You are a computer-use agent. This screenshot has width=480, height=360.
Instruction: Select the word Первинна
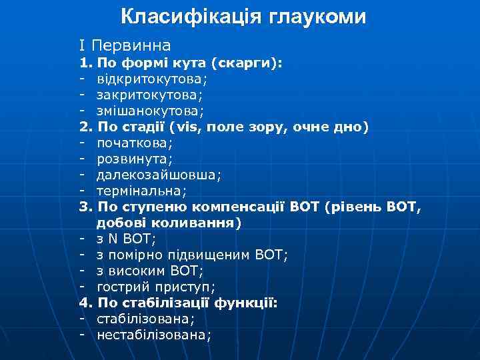[x=131, y=46]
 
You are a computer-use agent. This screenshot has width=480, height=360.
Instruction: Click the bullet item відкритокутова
[x=151, y=79]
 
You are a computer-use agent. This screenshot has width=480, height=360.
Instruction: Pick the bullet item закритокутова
[x=150, y=95]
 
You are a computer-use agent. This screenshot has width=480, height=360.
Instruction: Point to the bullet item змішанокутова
[x=151, y=111]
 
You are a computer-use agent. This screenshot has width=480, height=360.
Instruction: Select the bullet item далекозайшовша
[x=159, y=175]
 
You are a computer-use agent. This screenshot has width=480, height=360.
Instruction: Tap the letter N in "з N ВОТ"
[x=113, y=238]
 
